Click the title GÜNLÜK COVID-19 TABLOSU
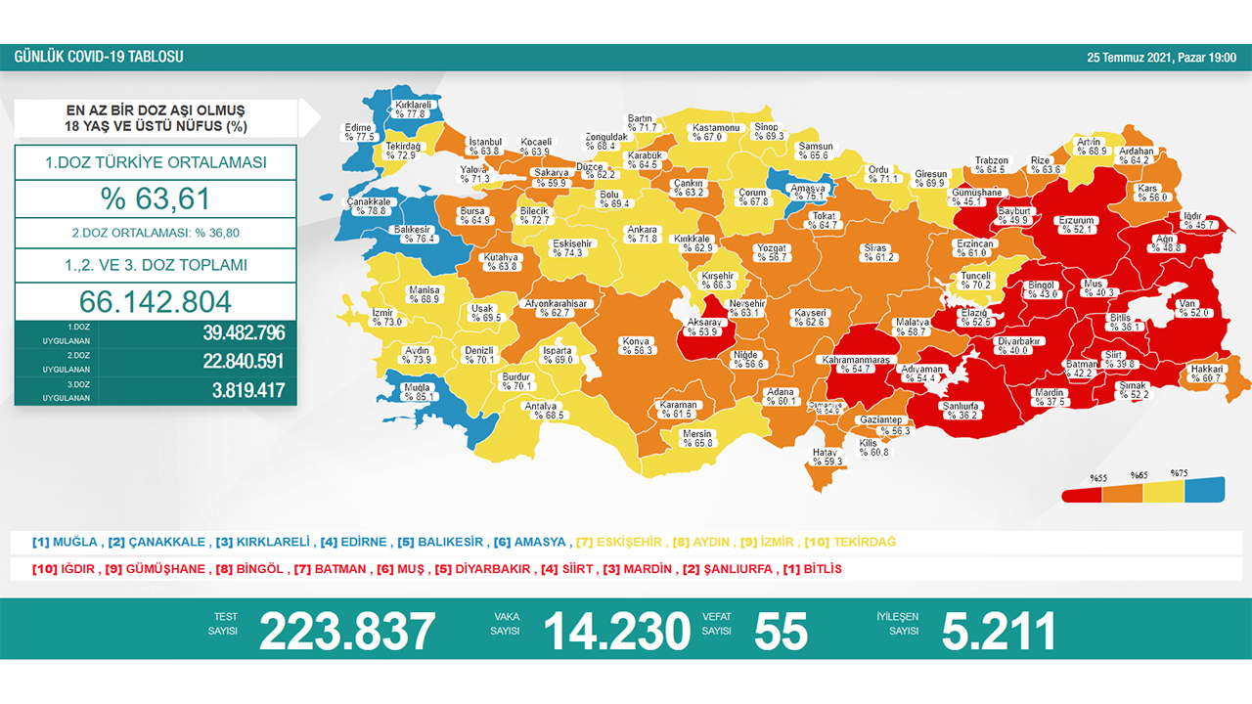coord(98,58)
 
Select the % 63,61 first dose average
coord(156,198)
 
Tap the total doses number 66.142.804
coord(156,300)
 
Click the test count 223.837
coord(347,632)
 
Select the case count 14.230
coord(616,632)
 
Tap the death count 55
coord(781,632)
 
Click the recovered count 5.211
coord(998,632)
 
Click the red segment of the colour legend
coord(1085,493)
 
